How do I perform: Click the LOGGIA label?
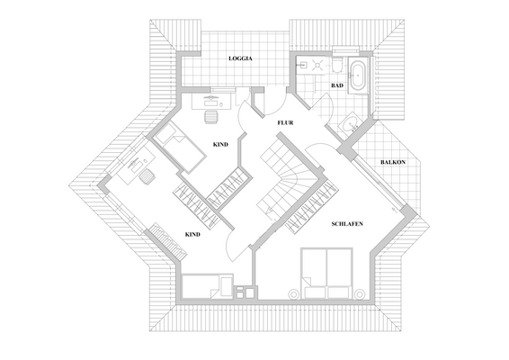(240, 58)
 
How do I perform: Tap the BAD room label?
(337, 85)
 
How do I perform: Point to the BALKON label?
(393, 162)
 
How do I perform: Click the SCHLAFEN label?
(346, 223)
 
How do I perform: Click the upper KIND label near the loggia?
(220, 144)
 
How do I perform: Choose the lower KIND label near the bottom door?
(192, 234)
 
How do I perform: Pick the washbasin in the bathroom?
(350, 125)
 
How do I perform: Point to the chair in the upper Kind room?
(212, 114)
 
